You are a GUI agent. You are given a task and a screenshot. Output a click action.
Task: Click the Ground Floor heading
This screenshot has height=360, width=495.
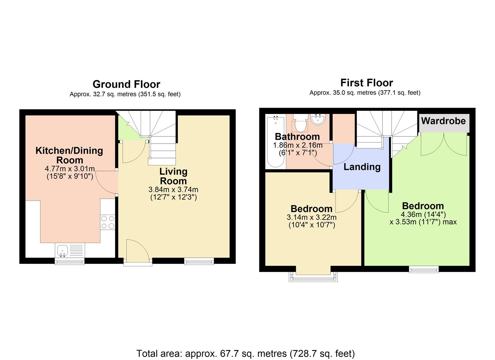point(126,84)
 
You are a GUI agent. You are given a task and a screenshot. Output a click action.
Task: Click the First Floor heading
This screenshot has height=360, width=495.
point(366,83)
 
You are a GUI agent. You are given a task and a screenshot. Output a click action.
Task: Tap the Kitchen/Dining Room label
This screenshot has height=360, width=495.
point(69,155)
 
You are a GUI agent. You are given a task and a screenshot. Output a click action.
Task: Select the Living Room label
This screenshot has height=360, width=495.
point(173,176)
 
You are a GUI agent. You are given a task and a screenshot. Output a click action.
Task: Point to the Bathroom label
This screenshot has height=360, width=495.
point(297,137)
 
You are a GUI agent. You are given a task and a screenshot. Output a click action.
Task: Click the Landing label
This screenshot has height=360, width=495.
point(362,167)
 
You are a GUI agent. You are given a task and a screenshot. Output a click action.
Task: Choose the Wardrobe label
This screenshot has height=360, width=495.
point(443,121)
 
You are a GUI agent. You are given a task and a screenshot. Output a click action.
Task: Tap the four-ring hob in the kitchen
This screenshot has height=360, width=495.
point(107,222)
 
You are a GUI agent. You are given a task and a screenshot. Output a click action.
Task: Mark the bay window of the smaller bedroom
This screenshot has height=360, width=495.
point(313,275)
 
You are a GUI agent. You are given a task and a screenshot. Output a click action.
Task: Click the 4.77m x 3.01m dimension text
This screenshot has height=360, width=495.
point(70,169)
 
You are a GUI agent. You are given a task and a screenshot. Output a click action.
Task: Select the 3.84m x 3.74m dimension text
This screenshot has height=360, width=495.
point(173,190)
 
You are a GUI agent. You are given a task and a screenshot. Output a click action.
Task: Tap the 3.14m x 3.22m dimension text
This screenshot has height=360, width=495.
point(311,217)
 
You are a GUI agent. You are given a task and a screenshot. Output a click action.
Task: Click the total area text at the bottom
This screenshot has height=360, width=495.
point(246,353)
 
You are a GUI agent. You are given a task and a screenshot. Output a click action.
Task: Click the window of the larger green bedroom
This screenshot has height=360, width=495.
point(424,269)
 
